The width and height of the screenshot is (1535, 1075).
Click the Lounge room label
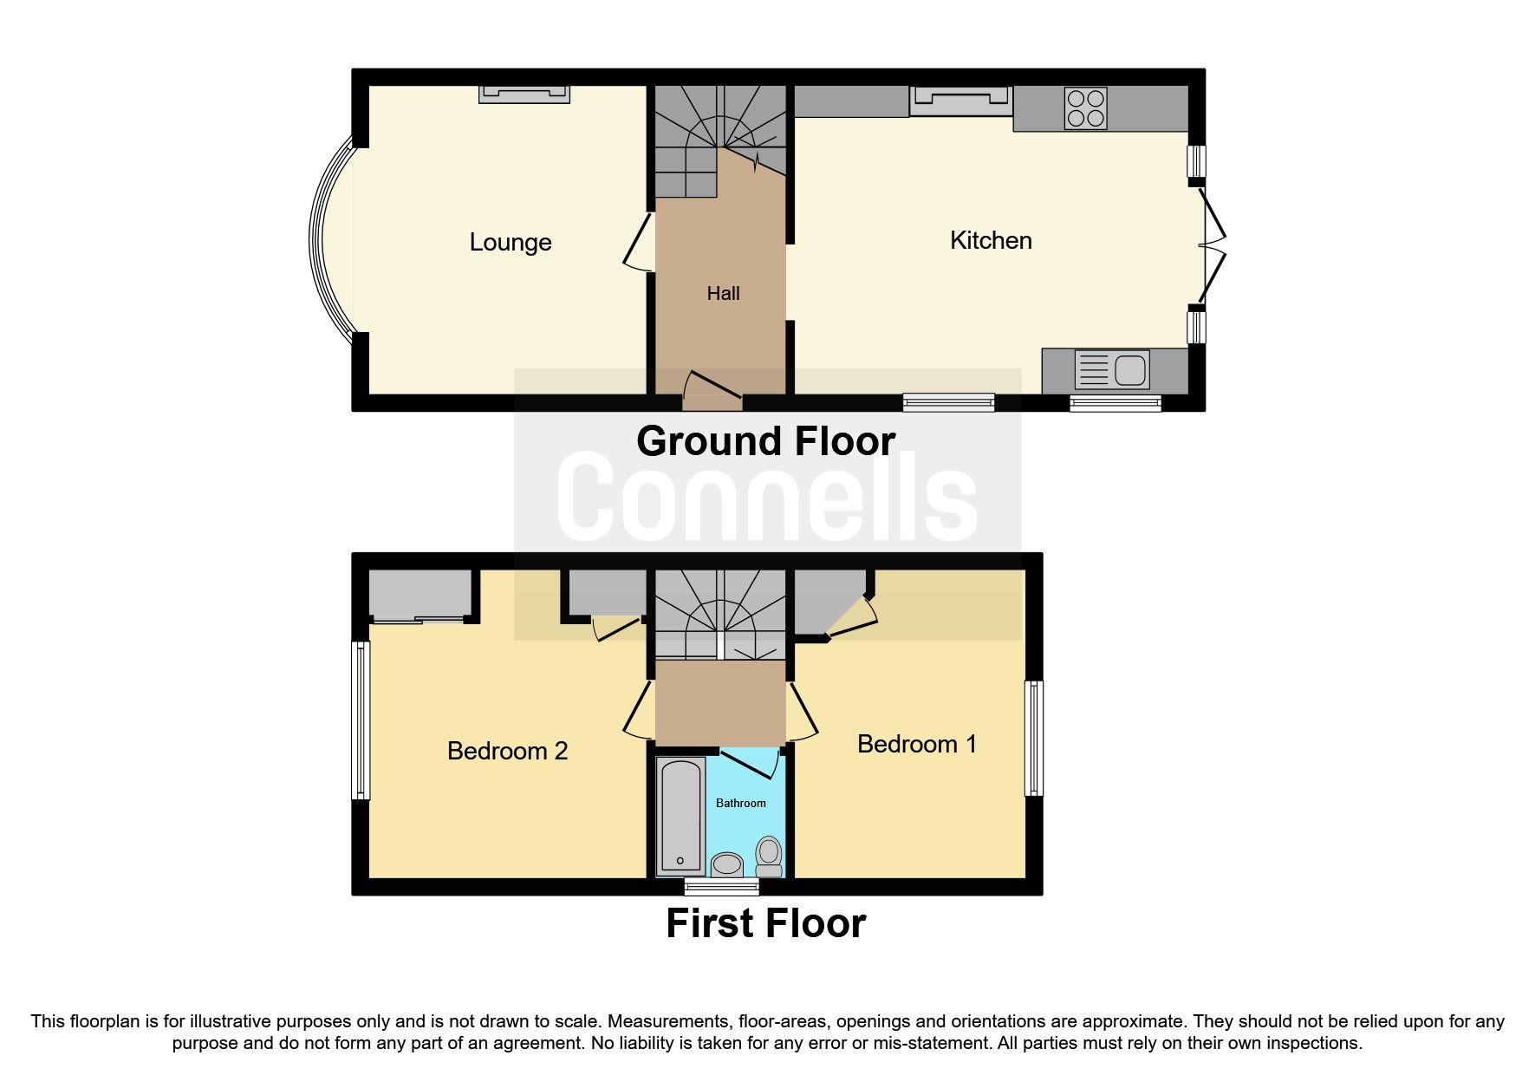click(510, 242)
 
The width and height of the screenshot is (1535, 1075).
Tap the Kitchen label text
click(990, 240)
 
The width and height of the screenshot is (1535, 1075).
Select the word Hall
click(723, 293)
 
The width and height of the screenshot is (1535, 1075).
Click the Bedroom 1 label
click(916, 744)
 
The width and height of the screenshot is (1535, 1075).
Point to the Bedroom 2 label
click(507, 751)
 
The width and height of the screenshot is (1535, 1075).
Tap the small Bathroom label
click(740, 803)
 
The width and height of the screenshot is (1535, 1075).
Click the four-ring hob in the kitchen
click(1085, 108)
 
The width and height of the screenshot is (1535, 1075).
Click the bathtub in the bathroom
click(680, 815)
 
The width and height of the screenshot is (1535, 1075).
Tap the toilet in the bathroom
click(768, 856)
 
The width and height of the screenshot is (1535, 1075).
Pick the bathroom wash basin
click(726, 864)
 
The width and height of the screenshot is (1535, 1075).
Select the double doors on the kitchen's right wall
click(1212, 244)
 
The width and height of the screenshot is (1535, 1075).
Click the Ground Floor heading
click(765, 441)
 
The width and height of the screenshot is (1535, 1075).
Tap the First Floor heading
click(765, 923)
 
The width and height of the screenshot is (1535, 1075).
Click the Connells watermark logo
click(766, 497)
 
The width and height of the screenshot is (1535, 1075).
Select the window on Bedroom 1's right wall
click(1033, 738)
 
